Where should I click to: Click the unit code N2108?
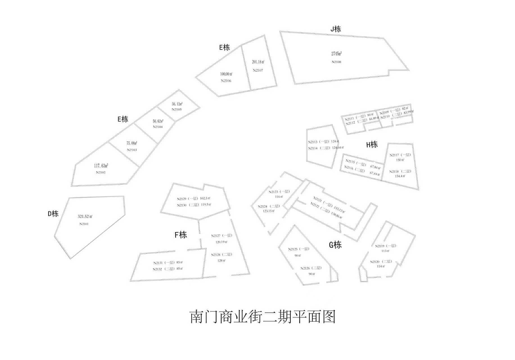336,62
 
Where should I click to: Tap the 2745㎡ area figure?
336,53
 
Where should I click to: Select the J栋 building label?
336,29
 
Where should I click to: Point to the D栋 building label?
53,214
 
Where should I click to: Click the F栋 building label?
181,235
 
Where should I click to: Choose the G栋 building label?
335,245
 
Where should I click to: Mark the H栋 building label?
372,145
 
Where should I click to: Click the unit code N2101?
84,224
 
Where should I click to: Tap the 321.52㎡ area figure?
85,217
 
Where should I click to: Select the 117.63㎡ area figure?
101,166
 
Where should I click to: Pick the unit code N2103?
132,150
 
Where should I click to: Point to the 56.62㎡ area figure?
158,121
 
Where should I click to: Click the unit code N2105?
177,109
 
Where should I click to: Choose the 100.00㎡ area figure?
226,74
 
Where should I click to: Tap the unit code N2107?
258,70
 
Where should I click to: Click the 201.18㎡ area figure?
258,62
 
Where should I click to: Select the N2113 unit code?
313,142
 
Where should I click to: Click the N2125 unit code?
293,249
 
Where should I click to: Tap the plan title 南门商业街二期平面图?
263,317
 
